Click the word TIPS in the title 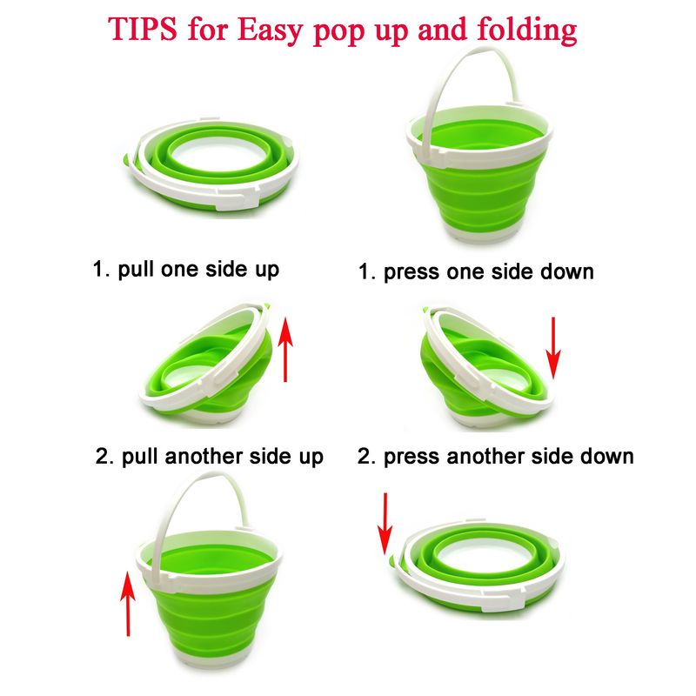coord(143,30)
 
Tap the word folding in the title coord(527,30)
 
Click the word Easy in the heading coord(270,31)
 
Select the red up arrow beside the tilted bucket coord(285,350)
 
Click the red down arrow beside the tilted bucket coord(553,347)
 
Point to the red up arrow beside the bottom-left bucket coord(128,604)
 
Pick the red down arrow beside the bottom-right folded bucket coord(385,524)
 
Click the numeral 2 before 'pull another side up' coord(102,456)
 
